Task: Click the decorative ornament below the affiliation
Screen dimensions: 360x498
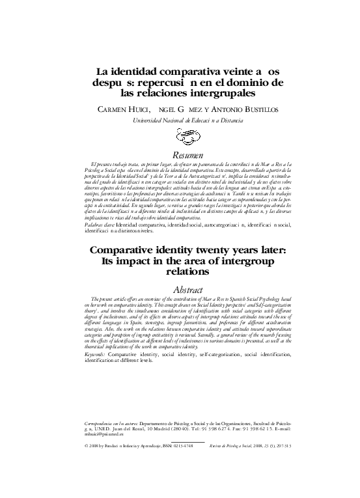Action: pyautogui.click(x=180, y=137)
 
